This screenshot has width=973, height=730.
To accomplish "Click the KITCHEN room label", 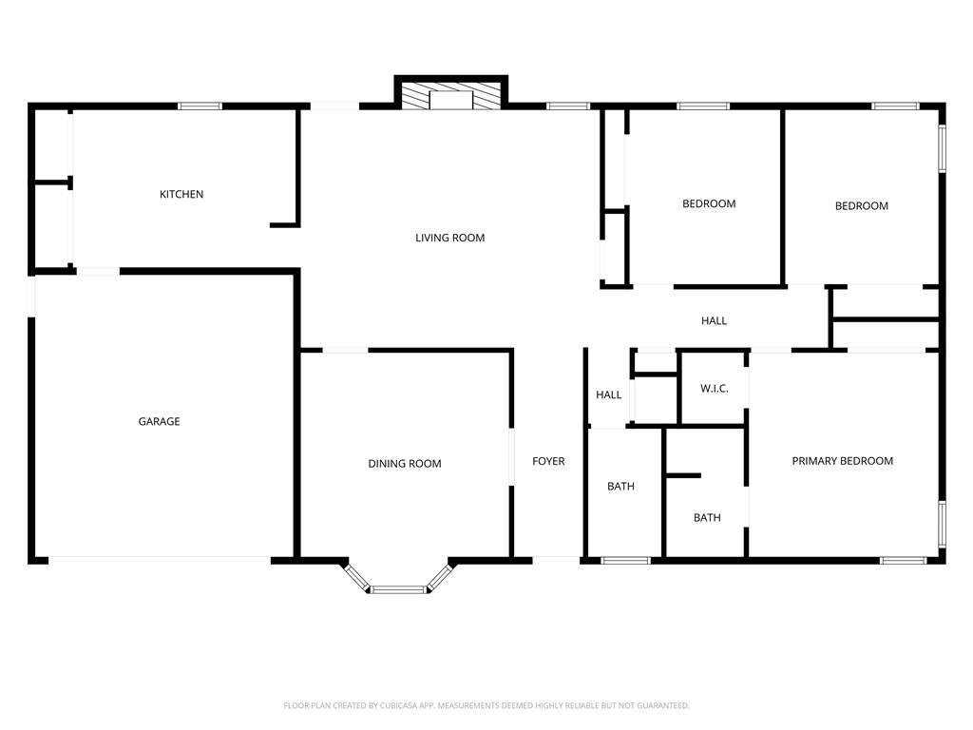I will point(181,194).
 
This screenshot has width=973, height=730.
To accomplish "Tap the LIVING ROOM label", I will point(449,238).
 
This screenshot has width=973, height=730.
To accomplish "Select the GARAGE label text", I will point(159,421).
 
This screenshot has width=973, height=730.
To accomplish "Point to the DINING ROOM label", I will point(405,464).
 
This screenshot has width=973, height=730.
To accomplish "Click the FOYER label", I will point(548,461).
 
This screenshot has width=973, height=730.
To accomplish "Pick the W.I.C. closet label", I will point(714,388).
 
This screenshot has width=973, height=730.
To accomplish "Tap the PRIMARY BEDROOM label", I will point(842,461).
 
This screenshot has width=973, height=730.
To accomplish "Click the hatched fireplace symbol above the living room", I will point(450,97).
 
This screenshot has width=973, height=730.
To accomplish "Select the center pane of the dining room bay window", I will point(398,589).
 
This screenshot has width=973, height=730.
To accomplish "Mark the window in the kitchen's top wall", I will point(200,106).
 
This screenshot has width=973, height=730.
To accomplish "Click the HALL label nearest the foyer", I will point(608,394).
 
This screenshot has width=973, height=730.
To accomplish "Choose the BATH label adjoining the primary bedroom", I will point(706,518).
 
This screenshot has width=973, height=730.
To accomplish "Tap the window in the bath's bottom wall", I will point(626,560).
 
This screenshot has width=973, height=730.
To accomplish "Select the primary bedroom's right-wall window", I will point(942,524).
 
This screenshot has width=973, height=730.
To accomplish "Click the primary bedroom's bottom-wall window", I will point(903,560).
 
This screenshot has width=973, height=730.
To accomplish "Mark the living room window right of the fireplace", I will point(568,106).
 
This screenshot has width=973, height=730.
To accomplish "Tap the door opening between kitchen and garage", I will point(98,272).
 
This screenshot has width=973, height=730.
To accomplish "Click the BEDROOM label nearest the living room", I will point(709,203).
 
